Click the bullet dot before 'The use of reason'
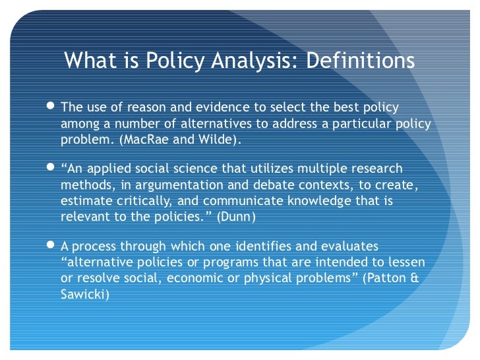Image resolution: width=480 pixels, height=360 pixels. [x=53, y=107]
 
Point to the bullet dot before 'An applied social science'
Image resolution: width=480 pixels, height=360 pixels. [x=53, y=169]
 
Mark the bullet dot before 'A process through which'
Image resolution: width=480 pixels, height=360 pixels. [x=53, y=247]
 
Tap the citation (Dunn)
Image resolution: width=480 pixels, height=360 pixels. [x=233, y=217]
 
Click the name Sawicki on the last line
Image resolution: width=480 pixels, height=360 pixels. [x=84, y=295]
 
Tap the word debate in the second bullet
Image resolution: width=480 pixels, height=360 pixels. [x=255, y=185]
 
